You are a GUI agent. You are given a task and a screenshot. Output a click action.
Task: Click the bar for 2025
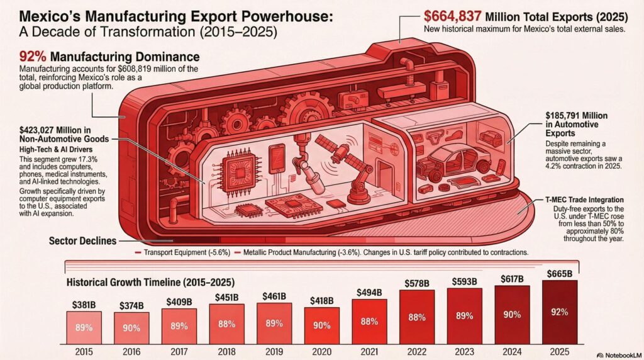tap(560, 312)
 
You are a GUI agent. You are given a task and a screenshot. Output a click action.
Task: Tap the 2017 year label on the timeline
tap(179, 351)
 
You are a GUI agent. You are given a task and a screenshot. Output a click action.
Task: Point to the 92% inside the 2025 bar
tap(560, 311)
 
